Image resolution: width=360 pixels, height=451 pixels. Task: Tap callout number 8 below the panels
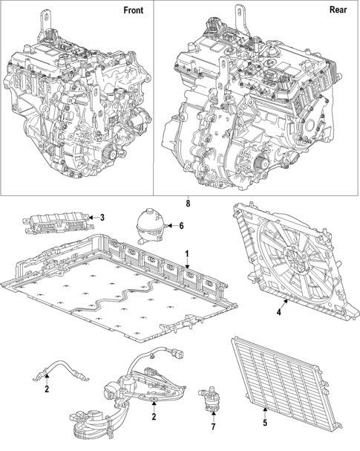click(x=188, y=203)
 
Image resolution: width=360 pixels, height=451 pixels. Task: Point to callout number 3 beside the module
click(x=102, y=218)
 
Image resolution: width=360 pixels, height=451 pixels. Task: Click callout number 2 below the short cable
click(x=46, y=390)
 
